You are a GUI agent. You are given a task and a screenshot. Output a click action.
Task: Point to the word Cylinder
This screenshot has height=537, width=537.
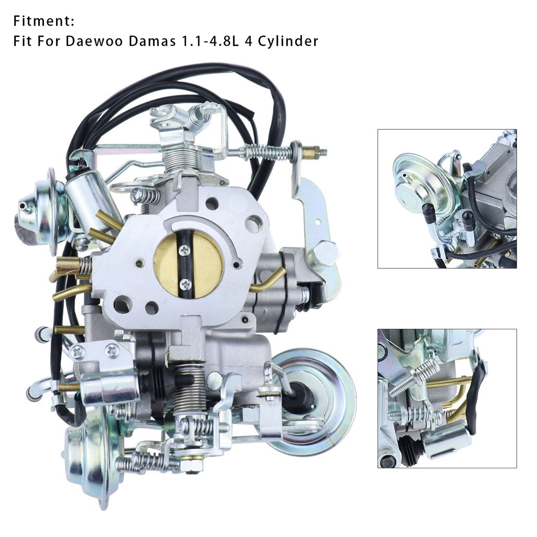tap(288, 41)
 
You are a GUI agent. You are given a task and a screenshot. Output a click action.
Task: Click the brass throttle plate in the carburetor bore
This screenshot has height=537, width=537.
tap(188, 264)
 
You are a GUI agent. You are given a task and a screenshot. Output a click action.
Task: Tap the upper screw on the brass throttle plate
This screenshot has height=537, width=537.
tap(185, 251)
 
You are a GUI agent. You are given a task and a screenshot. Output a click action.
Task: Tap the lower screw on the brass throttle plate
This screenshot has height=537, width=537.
tap(186, 284)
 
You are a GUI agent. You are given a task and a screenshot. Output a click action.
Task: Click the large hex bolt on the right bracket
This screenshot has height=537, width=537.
tap(325, 252)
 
